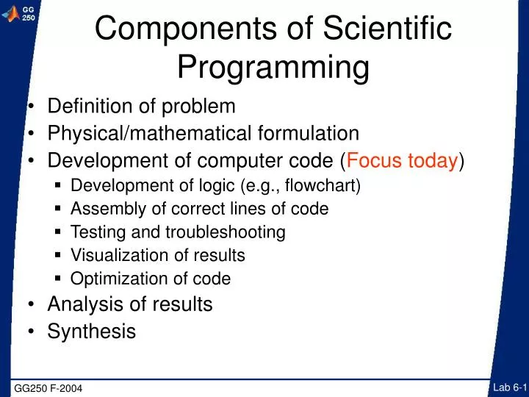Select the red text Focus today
403,160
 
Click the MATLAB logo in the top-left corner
10,12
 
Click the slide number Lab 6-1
510,387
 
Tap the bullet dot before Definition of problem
34,107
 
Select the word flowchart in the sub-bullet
320,185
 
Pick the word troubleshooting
225,232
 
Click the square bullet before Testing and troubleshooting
59,232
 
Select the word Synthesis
92,332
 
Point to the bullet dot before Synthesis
34,332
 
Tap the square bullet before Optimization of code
59,279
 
